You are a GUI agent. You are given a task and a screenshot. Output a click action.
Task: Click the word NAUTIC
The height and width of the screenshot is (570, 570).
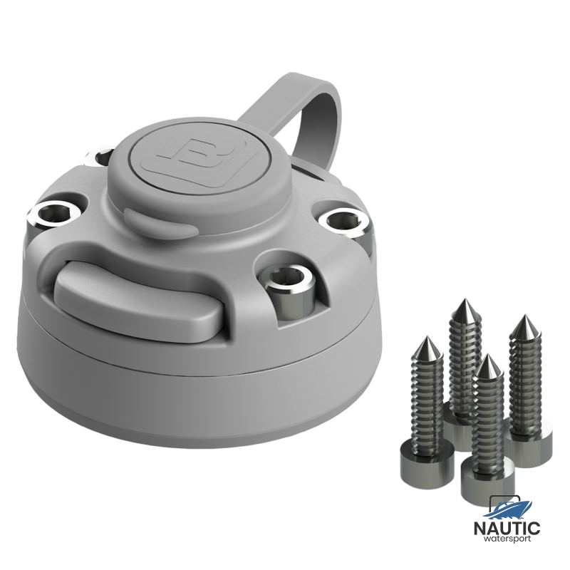click(507, 528)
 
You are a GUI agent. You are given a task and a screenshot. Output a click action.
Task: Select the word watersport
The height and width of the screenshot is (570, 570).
click(507, 539)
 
